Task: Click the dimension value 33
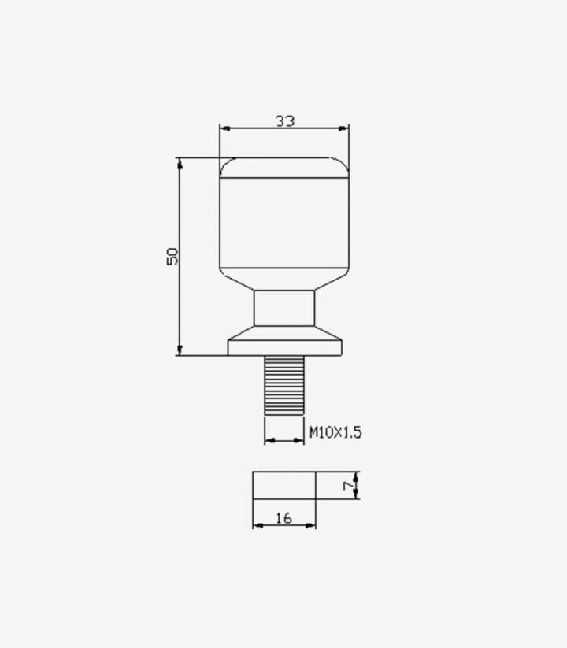[x=285, y=120]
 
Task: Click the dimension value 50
[x=172, y=256]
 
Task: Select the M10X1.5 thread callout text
[x=335, y=432]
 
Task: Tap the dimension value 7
[x=348, y=485]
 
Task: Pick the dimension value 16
[x=284, y=518]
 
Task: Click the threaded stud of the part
[x=284, y=385]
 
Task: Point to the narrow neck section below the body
[x=284, y=308]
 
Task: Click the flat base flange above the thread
[x=285, y=347]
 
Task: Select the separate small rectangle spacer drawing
[x=284, y=485]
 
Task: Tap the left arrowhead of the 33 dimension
[x=224, y=128]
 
